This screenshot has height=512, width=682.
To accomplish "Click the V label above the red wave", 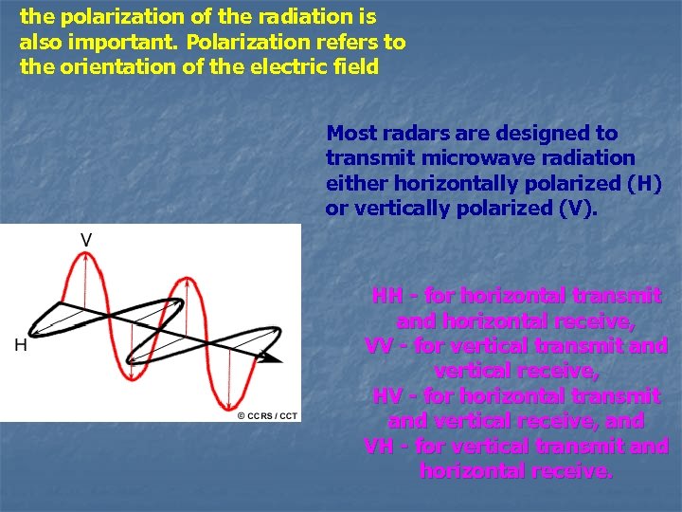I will [85, 241].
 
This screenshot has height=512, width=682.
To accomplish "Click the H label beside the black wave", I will [20, 346].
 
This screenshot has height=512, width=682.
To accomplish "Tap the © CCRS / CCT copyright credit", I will [267, 415].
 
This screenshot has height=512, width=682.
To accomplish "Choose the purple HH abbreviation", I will [386, 297].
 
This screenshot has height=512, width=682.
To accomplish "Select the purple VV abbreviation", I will [380, 346].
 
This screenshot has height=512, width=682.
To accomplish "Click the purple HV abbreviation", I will [386, 395].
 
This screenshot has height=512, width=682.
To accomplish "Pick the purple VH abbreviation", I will [380, 445].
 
